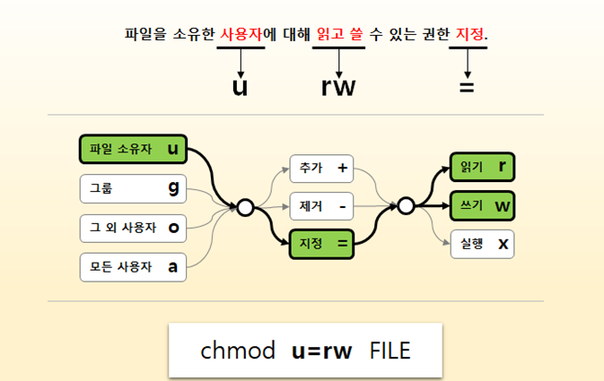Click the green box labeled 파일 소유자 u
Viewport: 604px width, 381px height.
pos(133,149)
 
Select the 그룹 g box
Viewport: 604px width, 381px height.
pos(133,188)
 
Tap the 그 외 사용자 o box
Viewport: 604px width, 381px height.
pos(133,228)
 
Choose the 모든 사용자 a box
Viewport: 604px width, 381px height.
pos(133,266)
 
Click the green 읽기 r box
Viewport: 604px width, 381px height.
pos(482,167)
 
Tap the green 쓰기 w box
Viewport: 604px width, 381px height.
pos(482,205)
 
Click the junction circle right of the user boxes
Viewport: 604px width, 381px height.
pos(244,208)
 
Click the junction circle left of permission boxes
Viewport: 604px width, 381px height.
pos(406,206)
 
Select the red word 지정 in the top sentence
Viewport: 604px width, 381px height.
pos(468,35)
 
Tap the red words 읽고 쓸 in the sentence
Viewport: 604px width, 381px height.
pos(337,35)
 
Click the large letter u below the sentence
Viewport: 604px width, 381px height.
pos(240,86)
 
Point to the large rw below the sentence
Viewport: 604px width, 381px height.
pos(337,86)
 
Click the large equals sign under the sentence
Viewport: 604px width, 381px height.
pos(467,87)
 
